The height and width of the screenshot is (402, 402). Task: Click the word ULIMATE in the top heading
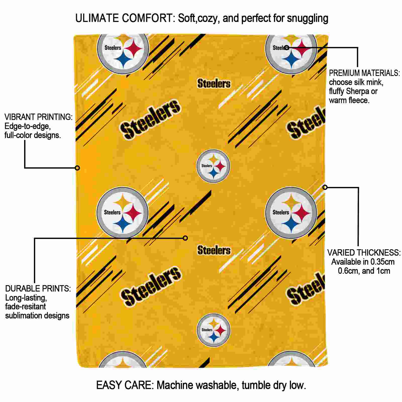[x=97, y=18]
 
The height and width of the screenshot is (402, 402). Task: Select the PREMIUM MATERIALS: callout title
[x=364, y=73]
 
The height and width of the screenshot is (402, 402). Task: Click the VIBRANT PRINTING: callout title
[x=38, y=117]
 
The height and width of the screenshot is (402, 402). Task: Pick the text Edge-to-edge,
[x=28, y=126]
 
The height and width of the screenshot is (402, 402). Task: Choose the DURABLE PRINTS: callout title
[x=38, y=289]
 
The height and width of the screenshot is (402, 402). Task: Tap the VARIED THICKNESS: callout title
[x=364, y=253]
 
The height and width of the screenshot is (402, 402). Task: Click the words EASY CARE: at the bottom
[x=125, y=385]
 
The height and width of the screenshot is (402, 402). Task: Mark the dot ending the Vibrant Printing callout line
[x=77, y=168]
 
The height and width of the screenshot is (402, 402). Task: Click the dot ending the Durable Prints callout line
[x=185, y=238]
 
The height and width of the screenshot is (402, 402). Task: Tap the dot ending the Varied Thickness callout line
[x=325, y=187]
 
